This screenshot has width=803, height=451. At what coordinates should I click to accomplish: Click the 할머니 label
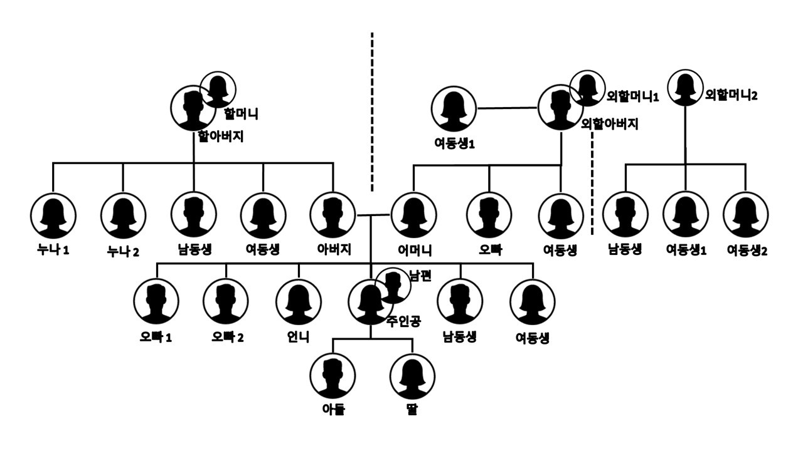click(241, 113)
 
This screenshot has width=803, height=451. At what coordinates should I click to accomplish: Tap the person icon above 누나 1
click(53, 215)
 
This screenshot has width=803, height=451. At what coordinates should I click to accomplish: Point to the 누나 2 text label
click(122, 251)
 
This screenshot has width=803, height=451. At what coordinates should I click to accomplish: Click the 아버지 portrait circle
click(332, 215)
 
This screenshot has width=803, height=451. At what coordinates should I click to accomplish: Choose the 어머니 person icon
click(413, 215)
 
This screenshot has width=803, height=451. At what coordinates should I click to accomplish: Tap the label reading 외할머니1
click(633, 97)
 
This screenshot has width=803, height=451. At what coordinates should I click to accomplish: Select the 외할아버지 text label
click(610, 124)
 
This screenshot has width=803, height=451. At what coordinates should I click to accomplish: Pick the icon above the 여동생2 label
click(746, 215)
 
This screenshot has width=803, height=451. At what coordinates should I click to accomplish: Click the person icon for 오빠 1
click(156, 301)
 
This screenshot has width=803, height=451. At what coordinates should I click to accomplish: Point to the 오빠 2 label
click(228, 338)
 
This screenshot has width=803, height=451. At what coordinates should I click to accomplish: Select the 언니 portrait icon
click(299, 301)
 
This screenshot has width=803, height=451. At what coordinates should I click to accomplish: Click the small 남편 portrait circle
click(393, 286)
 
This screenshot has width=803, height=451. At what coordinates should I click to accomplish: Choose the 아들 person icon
click(332, 376)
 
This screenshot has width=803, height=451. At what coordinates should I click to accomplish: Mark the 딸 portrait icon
click(412, 376)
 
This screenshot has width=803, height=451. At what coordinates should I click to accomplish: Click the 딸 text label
click(412, 410)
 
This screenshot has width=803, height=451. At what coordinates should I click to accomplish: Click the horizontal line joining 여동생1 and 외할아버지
click(508, 108)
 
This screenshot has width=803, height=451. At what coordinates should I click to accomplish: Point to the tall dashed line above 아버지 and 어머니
click(373, 113)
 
